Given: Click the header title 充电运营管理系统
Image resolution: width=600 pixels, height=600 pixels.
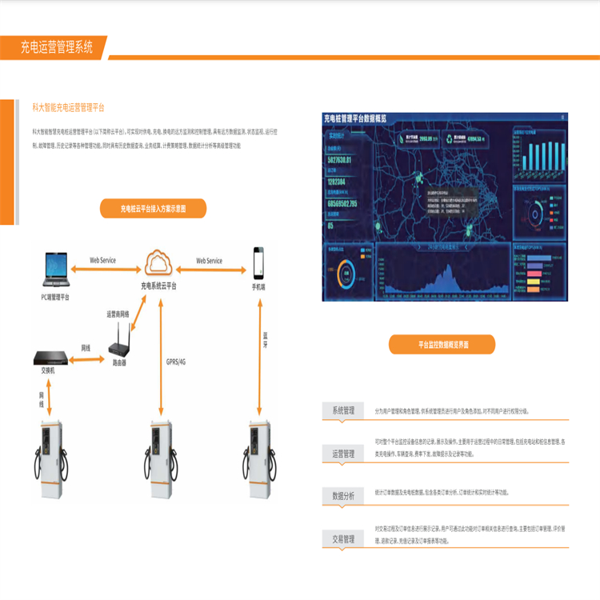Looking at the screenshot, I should tap(57, 47).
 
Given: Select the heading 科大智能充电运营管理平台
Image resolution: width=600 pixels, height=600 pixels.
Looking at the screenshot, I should tap(68, 107).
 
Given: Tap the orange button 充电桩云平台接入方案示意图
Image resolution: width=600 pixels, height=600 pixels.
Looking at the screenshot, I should tap(153, 209).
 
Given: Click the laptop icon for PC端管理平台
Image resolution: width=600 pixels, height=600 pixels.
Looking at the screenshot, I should tap(56, 270).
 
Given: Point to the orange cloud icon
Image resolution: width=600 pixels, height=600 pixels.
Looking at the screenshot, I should tap(159, 261).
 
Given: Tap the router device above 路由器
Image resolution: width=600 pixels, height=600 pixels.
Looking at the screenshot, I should tap(119, 344).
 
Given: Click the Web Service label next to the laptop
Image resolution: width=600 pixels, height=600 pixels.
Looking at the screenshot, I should tap(102, 261).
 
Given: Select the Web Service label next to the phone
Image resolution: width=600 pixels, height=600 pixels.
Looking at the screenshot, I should tap(209, 261).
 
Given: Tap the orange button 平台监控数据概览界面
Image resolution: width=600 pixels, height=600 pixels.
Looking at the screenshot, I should tap(442, 344).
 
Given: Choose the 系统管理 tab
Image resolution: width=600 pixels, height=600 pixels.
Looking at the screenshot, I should tap(343, 410).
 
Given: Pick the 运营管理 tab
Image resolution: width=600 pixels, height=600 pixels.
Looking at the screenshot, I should tap(343, 454).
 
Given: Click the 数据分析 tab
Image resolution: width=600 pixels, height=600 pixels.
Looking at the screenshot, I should tap(343, 496).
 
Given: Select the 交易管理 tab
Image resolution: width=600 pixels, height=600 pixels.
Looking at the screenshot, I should tap(343, 540).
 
